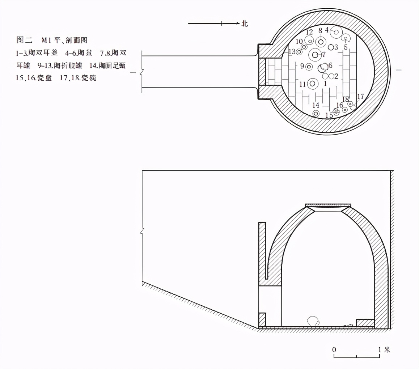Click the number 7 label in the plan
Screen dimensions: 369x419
coord(323,55)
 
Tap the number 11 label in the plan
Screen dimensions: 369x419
coord(303,84)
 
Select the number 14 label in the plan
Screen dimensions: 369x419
coord(316,105)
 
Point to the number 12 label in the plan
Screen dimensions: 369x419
coord(309,32)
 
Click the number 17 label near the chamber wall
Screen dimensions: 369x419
coord(360,97)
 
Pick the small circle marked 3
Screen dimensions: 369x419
coord(331,47)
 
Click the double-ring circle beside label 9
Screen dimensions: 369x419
coord(309,67)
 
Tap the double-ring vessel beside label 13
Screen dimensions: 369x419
coord(299,52)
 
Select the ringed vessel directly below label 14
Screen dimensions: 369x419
coord(316,114)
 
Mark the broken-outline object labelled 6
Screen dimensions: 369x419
coord(323,67)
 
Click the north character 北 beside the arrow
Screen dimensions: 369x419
coord(245,24)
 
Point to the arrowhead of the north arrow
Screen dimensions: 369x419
coord(238,24)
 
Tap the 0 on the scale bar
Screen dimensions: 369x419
coord(334,350)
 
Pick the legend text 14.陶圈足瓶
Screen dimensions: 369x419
coord(105,65)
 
